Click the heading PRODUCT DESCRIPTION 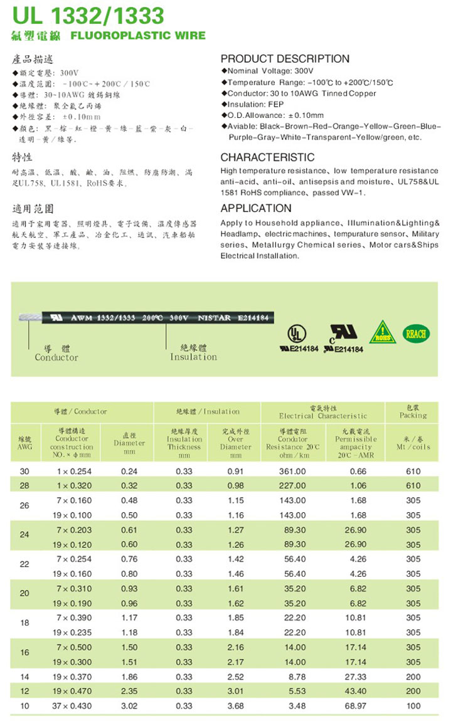coord(285,59)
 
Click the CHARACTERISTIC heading coord(267,157)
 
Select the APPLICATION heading coord(256,208)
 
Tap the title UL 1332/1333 coord(88,15)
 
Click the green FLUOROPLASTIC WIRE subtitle coord(138,35)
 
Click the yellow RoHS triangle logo coord(382,332)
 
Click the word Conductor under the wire coord(56,357)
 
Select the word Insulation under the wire coord(193,357)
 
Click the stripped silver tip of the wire coord(28,318)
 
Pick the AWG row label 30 coord(24,471)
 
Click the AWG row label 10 coord(24,706)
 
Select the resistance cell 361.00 coord(292,471)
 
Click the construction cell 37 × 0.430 coord(74,706)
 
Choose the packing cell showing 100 coord(413,706)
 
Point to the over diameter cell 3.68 coord(235,706)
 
